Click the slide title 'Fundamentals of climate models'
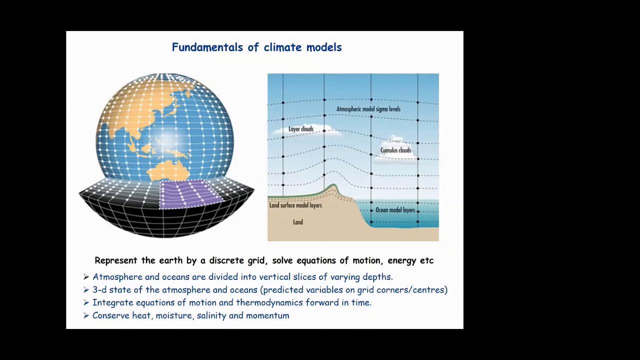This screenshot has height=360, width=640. pyautogui.click(x=256, y=47)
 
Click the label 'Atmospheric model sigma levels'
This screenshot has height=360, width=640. pyautogui.click(x=368, y=109)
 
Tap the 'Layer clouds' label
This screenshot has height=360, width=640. pyautogui.click(x=301, y=129)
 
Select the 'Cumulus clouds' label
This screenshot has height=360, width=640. pyautogui.click(x=395, y=150)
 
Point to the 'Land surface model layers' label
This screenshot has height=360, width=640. pyautogui.click(x=295, y=205)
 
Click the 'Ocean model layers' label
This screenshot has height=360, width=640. pyautogui.click(x=395, y=210)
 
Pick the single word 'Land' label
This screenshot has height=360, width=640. pyautogui.click(x=298, y=222)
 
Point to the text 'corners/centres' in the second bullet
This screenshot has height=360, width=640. pyautogui.click(x=414, y=289)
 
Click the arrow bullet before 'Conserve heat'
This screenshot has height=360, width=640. pyautogui.click(x=86, y=315)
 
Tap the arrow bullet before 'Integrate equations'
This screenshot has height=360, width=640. pyautogui.click(x=86, y=302)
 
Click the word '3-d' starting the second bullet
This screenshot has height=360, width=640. pyautogui.click(x=98, y=289)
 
